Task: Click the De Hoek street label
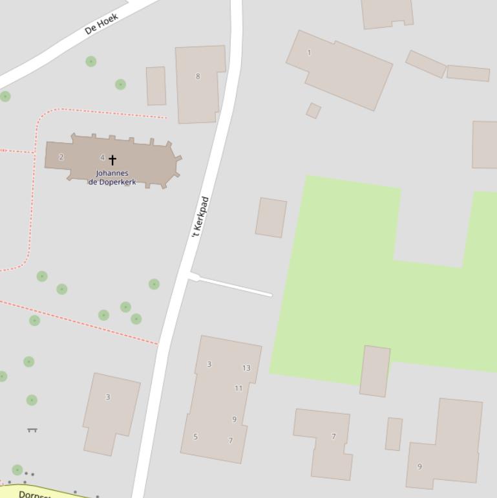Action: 101,23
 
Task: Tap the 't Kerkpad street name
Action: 200,217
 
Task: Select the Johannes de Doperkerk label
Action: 112,177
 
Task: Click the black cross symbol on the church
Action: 112,159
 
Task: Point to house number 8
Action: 198,76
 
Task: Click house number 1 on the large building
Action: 309,52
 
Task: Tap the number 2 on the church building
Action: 61,157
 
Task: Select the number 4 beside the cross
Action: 102,158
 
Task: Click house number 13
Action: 246,368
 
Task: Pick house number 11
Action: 238,388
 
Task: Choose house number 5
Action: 196,437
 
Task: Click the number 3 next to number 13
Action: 209,364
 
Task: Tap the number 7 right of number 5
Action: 231,441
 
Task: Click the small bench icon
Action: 32,429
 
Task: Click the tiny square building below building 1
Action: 313,111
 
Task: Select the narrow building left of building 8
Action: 156,86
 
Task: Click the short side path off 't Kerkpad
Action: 233,286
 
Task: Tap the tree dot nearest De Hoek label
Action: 91,61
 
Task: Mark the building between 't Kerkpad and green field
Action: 271,217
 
